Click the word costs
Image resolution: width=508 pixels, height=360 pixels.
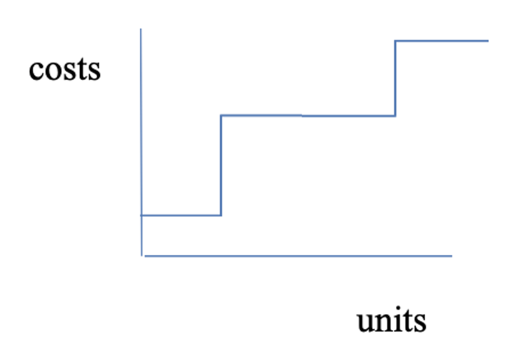point(65,69)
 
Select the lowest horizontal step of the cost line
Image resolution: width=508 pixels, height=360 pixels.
point(181,215)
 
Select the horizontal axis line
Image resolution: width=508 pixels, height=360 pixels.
point(298,256)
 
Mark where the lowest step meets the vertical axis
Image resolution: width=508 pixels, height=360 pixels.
point(141,215)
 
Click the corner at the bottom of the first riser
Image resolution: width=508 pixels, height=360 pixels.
point(221,215)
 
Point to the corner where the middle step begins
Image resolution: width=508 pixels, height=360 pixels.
point(221,115)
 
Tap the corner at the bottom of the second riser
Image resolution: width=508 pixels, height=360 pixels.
point(395,116)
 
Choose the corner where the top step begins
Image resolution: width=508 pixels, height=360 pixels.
point(395,41)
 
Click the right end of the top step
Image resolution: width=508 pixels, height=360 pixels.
point(488,41)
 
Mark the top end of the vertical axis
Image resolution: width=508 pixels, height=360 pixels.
point(141,29)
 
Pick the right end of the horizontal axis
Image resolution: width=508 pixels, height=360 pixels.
point(452,256)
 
